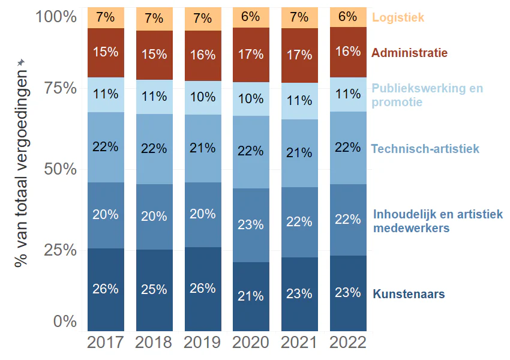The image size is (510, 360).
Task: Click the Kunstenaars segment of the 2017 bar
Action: [x=106, y=289]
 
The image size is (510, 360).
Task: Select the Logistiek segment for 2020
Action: [x=251, y=17]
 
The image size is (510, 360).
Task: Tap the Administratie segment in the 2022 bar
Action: [x=347, y=52]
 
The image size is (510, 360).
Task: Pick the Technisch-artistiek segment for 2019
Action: [x=203, y=148]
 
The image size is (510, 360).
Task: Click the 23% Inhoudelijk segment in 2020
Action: [x=251, y=225]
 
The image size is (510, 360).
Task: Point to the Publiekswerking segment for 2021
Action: [x=299, y=101]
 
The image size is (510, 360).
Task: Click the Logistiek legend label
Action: [x=398, y=17]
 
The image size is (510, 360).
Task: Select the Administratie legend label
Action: [x=409, y=53]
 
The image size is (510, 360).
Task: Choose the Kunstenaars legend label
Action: [x=409, y=294]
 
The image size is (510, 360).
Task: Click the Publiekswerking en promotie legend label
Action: [x=427, y=95]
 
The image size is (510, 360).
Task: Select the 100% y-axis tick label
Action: [x=57, y=16]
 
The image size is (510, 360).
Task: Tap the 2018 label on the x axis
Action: [x=154, y=343]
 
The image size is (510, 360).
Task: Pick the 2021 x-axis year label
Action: [x=299, y=343]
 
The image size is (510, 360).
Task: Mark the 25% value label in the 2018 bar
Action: [x=154, y=290]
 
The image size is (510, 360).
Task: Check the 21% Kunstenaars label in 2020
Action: [x=251, y=296]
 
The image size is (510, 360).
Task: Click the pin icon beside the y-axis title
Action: [x=21, y=62]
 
